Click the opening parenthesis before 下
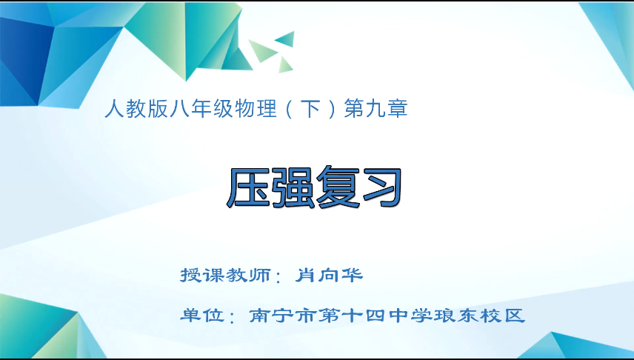[x=286, y=110]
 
